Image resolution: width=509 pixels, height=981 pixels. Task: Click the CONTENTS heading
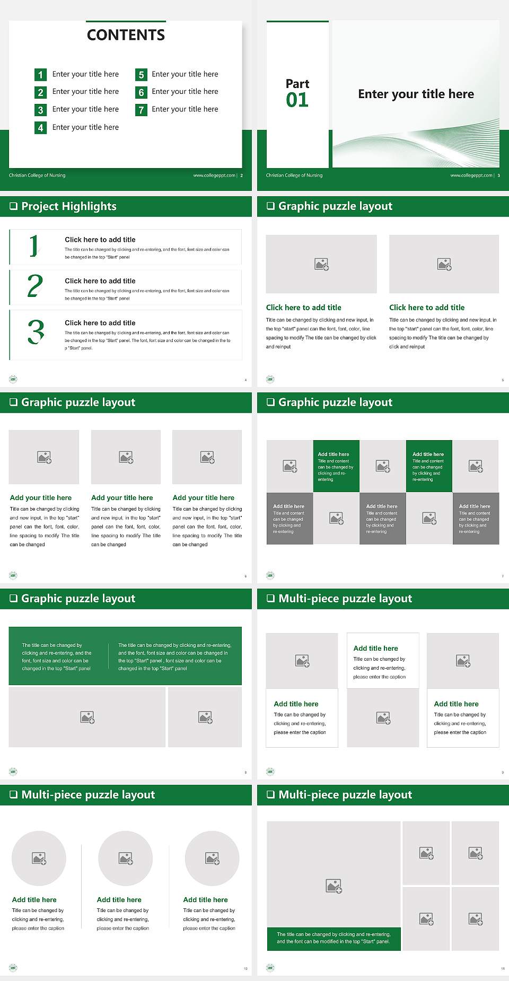pyautogui.click(x=126, y=35)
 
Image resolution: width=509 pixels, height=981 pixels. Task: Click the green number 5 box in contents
pyautogui.click(x=141, y=75)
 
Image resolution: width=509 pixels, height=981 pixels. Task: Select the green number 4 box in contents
pyautogui.click(x=40, y=128)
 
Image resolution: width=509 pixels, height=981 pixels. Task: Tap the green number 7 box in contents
pyautogui.click(x=141, y=110)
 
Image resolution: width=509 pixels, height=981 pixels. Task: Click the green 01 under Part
pyautogui.click(x=297, y=100)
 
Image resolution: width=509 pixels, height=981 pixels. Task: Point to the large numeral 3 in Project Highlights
pyautogui.click(x=36, y=332)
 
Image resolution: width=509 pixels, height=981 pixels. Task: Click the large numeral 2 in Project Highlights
pyautogui.click(x=35, y=286)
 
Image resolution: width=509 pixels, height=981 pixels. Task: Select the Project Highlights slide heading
pyautogui.click(x=68, y=206)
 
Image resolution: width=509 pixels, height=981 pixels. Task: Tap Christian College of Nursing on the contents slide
pyautogui.click(x=37, y=176)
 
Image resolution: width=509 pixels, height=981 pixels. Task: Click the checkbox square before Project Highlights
pyautogui.click(x=14, y=206)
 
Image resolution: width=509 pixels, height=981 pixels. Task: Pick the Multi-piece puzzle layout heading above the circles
pyautogui.click(x=88, y=794)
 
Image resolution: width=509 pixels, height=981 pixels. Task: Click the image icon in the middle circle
pyautogui.click(x=126, y=858)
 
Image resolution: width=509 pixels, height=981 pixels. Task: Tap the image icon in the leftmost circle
pyautogui.click(x=39, y=858)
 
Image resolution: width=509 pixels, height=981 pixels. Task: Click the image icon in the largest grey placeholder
pyautogui.click(x=334, y=886)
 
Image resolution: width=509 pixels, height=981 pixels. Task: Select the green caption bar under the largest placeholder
pyautogui.click(x=334, y=938)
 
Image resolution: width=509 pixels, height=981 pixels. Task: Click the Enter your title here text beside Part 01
pyautogui.click(x=416, y=94)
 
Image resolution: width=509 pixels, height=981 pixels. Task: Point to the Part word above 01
pyautogui.click(x=297, y=84)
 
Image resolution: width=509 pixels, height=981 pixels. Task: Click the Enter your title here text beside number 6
pyautogui.click(x=185, y=92)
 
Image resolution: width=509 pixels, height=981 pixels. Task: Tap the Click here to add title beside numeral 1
pyautogui.click(x=100, y=240)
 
